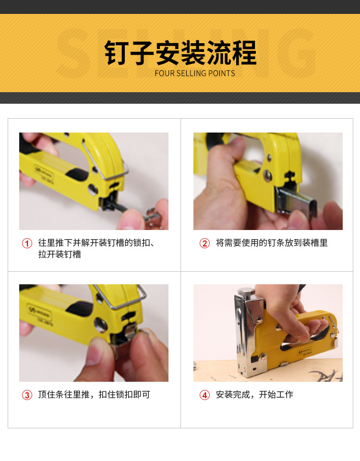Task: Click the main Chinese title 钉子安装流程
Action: pyautogui.click(x=180, y=53)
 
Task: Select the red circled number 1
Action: pyautogui.click(x=27, y=243)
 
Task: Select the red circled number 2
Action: pyautogui.click(x=205, y=243)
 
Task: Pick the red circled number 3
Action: pyautogui.click(x=27, y=395)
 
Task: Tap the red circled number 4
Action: pyautogui.click(x=205, y=395)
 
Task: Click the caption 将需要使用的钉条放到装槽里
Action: pyautogui.click(x=272, y=243)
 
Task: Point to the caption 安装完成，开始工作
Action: pyautogui.click(x=254, y=395)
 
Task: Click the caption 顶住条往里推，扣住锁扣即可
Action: pyautogui.click(x=94, y=395)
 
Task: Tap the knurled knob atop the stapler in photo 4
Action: pyautogui.click(x=247, y=292)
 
